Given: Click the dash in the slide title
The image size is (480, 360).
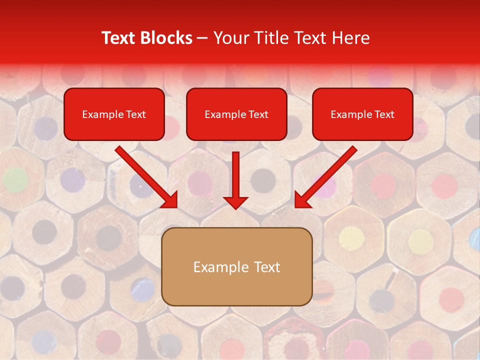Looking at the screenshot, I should [x=202, y=38].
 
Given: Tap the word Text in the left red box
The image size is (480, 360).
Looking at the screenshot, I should [x=136, y=114].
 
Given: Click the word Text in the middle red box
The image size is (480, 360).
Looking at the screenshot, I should [x=258, y=114].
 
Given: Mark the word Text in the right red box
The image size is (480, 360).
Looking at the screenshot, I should [x=384, y=114].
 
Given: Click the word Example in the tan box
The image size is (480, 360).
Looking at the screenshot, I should [x=220, y=267].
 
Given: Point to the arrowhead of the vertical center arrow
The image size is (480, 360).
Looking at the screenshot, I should [x=235, y=202].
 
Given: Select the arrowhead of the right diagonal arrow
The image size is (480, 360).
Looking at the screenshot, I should [x=301, y=201].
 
